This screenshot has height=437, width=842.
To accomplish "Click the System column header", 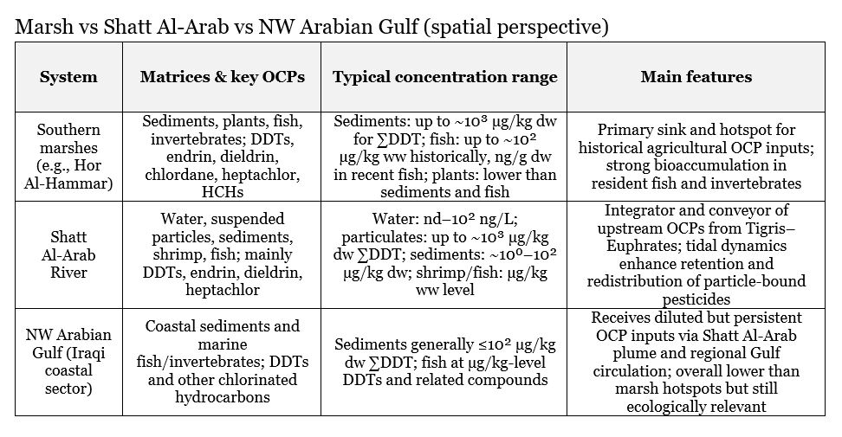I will [x=68, y=77].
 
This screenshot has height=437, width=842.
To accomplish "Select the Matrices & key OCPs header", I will [x=222, y=77].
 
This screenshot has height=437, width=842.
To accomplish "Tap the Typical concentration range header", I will [x=444, y=77].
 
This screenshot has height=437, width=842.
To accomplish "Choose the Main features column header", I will [x=696, y=77].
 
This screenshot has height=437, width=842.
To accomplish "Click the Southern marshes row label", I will [x=68, y=156].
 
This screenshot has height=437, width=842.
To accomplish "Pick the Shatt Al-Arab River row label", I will [x=68, y=255].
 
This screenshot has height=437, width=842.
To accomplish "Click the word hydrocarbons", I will [x=222, y=396].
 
